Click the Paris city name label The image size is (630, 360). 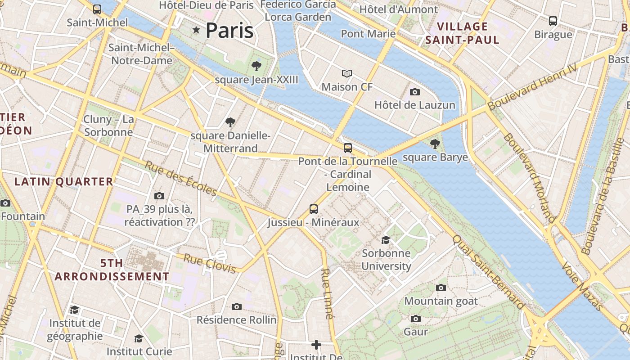229,30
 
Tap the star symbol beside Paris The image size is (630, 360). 196,30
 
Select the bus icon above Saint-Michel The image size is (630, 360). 97,9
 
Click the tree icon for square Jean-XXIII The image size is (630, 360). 256,67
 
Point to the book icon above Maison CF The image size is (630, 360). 347,73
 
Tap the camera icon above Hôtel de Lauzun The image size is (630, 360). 415,92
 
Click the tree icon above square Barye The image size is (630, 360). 435,144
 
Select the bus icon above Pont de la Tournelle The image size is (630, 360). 348,148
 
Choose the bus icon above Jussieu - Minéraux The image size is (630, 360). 314,209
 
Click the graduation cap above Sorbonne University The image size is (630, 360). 386,240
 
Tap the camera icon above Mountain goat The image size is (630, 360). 441,288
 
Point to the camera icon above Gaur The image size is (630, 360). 416,319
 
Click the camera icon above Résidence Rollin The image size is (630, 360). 237,306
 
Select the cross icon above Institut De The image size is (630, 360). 316,345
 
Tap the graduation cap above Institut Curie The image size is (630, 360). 139,338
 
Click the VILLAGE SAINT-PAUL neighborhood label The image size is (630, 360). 463,33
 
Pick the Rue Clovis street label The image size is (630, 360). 210,264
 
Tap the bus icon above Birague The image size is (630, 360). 553,21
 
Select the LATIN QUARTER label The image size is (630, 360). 63,181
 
